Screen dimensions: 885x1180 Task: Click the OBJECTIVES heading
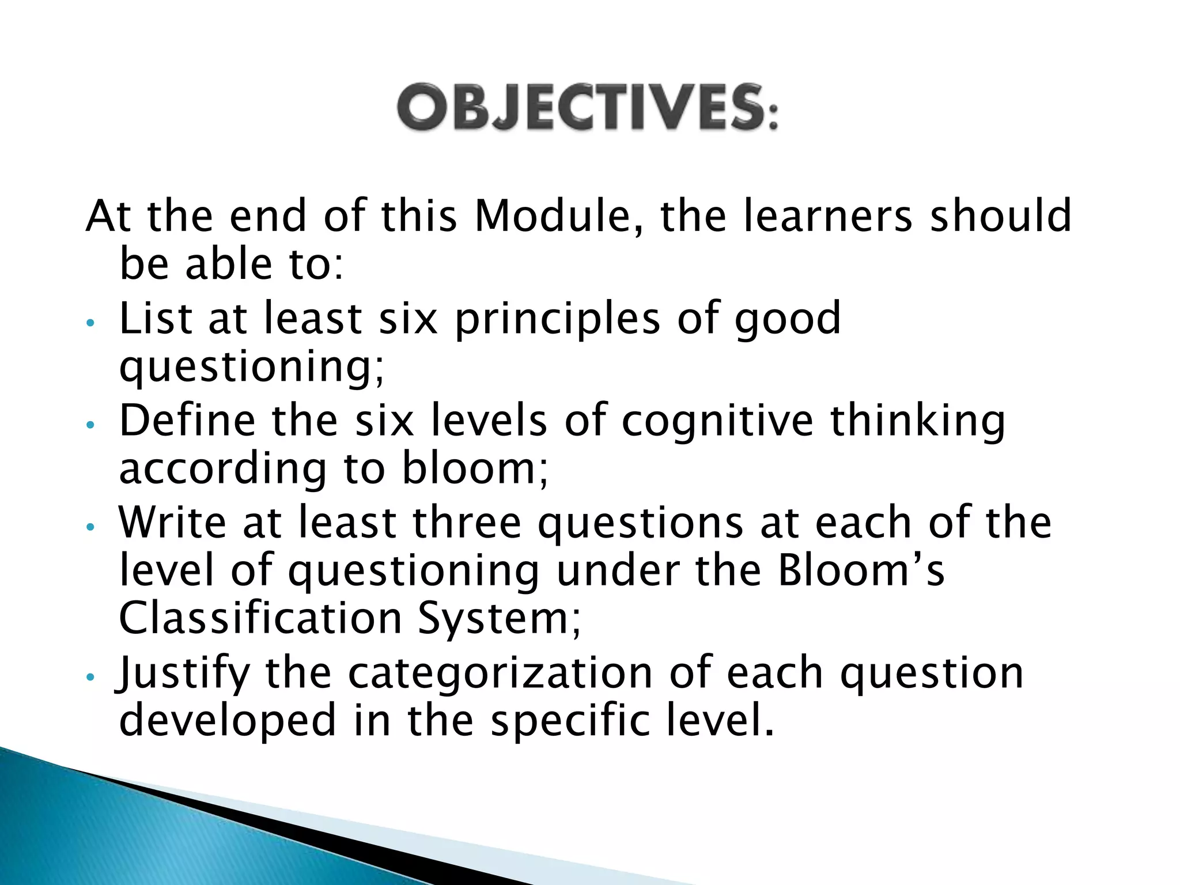[x=587, y=108]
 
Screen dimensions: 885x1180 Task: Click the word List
[x=155, y=319]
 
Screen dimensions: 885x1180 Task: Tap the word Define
[x=187, y=421]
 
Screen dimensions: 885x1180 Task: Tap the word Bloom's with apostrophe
[x=861, y=570]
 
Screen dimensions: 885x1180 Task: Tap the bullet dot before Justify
[x=89, y=678]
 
